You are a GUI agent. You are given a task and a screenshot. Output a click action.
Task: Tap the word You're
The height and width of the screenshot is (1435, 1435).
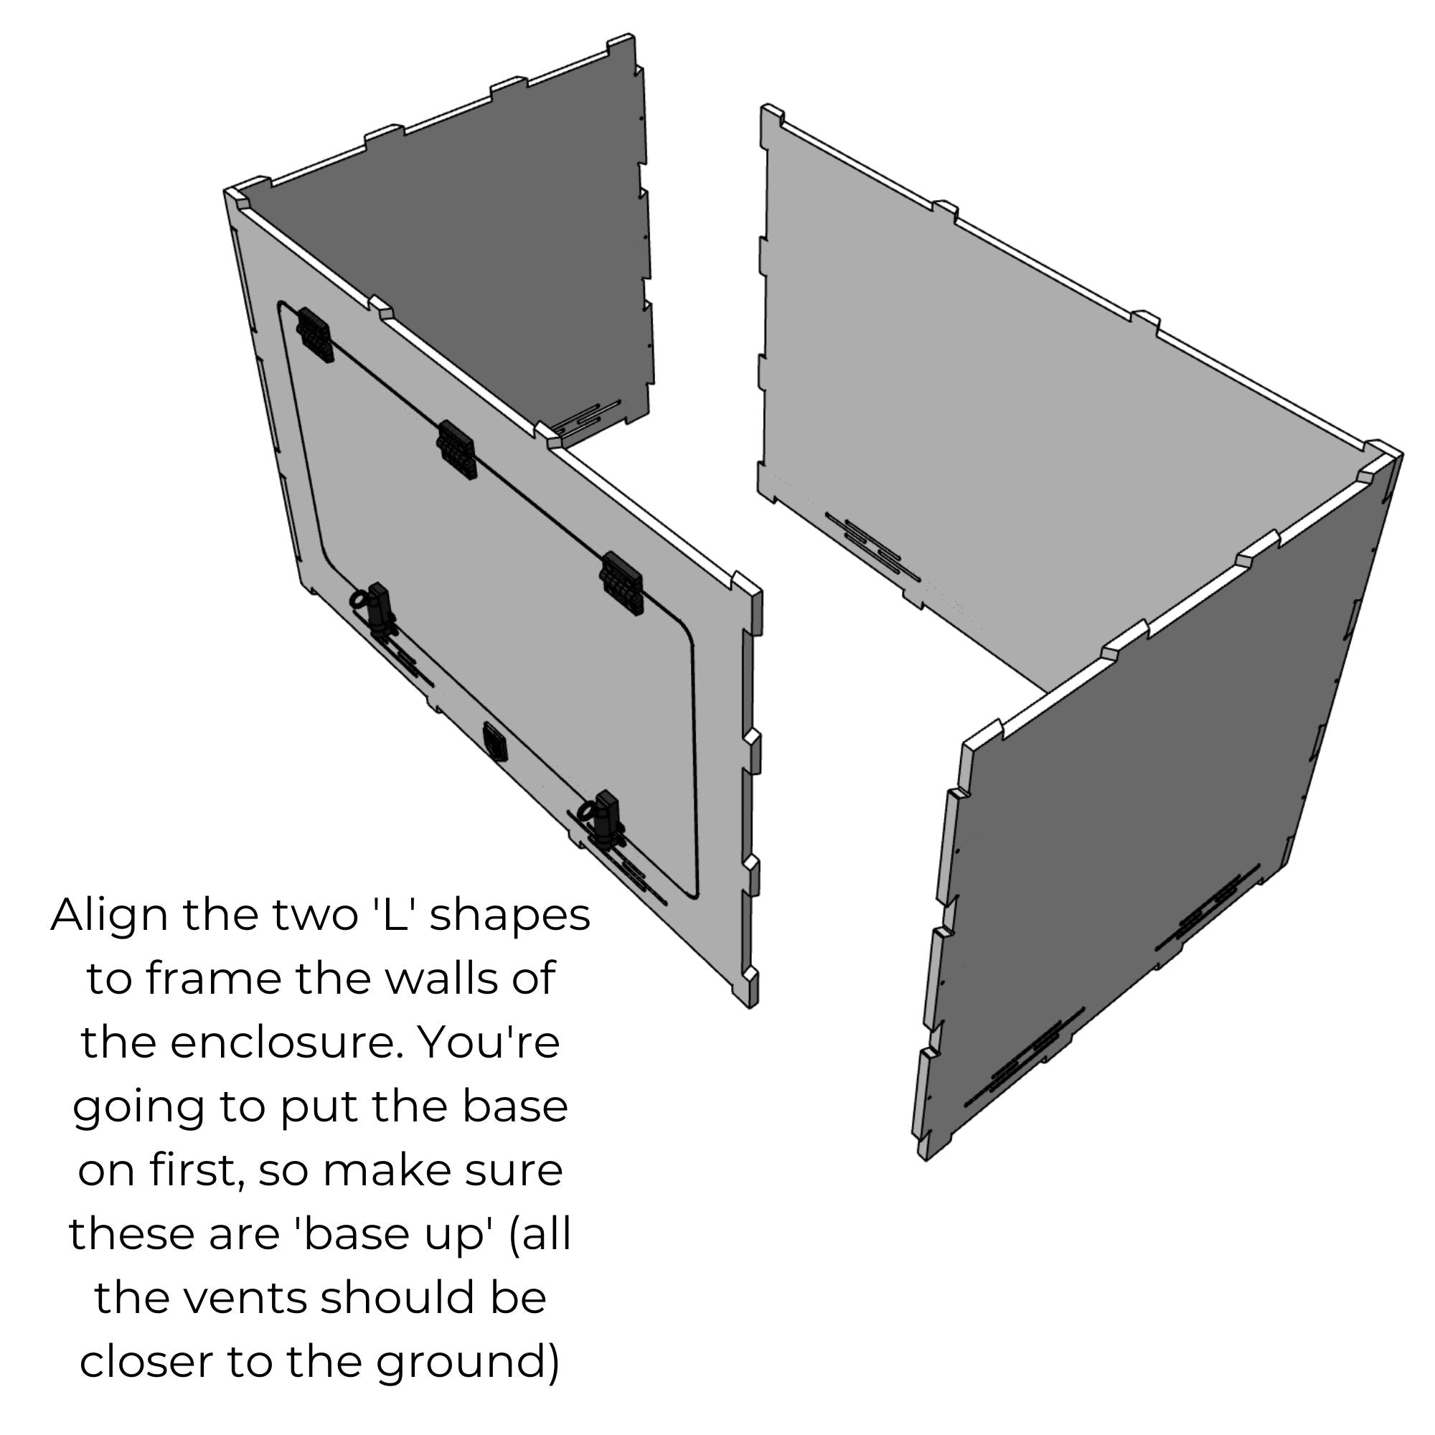pyautogui.click(x=489, y=1042)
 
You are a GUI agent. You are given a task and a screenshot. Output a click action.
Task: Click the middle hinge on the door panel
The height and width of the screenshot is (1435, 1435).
pyautogui.click(x=456, y=450)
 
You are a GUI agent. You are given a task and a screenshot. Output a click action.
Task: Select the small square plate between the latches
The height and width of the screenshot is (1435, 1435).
pyautogui.click(x=494, y=742)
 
